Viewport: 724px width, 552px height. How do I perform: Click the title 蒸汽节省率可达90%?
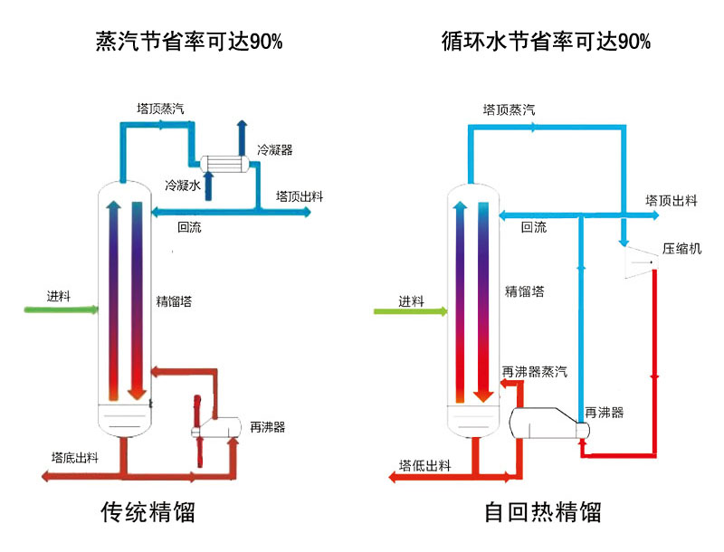[x=189, y=41]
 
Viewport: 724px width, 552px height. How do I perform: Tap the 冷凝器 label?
[x=274, y=149]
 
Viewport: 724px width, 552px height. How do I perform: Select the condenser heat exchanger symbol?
[x=227, y=162]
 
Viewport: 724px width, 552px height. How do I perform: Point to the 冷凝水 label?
[x=182, y=185]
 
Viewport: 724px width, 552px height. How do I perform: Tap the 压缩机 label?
[x=681, y=249]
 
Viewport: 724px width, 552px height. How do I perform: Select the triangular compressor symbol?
[x=641, y=262]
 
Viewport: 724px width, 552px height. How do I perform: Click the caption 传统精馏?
[x=148, y=513]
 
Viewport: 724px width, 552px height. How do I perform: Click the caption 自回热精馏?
[x=543, y=513]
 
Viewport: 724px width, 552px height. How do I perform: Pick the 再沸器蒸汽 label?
[x=535, y=371]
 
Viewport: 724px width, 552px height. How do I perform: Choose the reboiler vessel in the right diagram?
[x=543, y=424]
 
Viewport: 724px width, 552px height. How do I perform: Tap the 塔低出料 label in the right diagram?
[x=424, y=466]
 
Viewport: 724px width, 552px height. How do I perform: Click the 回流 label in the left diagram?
[x=189, y=228]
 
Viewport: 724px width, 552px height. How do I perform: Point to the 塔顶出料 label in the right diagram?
[x=671, y=200]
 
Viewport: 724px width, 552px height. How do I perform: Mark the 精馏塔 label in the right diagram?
[x=525, y=291]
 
